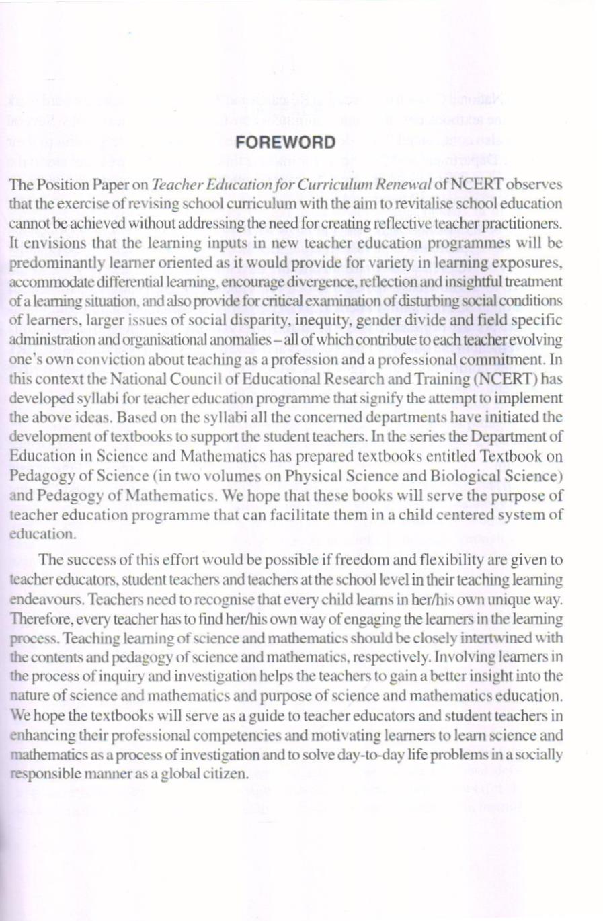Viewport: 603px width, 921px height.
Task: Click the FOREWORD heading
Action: [x=285, y=143]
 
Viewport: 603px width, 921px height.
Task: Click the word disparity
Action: [x=235, y=320]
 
